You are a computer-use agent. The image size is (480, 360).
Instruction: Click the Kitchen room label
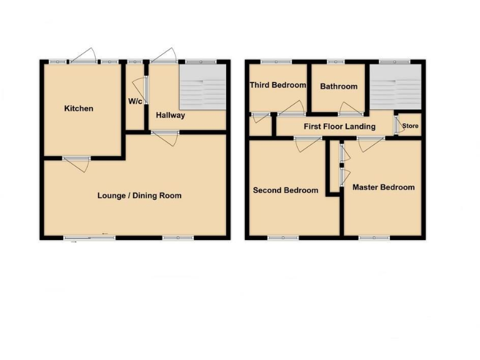point(79,109)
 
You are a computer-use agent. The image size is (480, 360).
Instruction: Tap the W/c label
point(134,101)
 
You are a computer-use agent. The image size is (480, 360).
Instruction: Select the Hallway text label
point(171,115)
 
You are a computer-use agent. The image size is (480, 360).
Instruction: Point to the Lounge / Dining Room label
point(139,196)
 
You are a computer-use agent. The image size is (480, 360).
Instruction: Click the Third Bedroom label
point(278,85)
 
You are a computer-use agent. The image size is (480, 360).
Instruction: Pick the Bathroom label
point(339,86)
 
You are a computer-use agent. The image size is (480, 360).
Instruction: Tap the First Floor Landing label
point(339,127)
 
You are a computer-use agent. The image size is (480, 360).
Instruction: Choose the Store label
point(411,126)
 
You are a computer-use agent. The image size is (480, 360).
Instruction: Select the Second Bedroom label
point(285,190)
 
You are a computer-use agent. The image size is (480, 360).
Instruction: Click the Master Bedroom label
point(383,187)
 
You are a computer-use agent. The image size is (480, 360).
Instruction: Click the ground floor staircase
point(202,88)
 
